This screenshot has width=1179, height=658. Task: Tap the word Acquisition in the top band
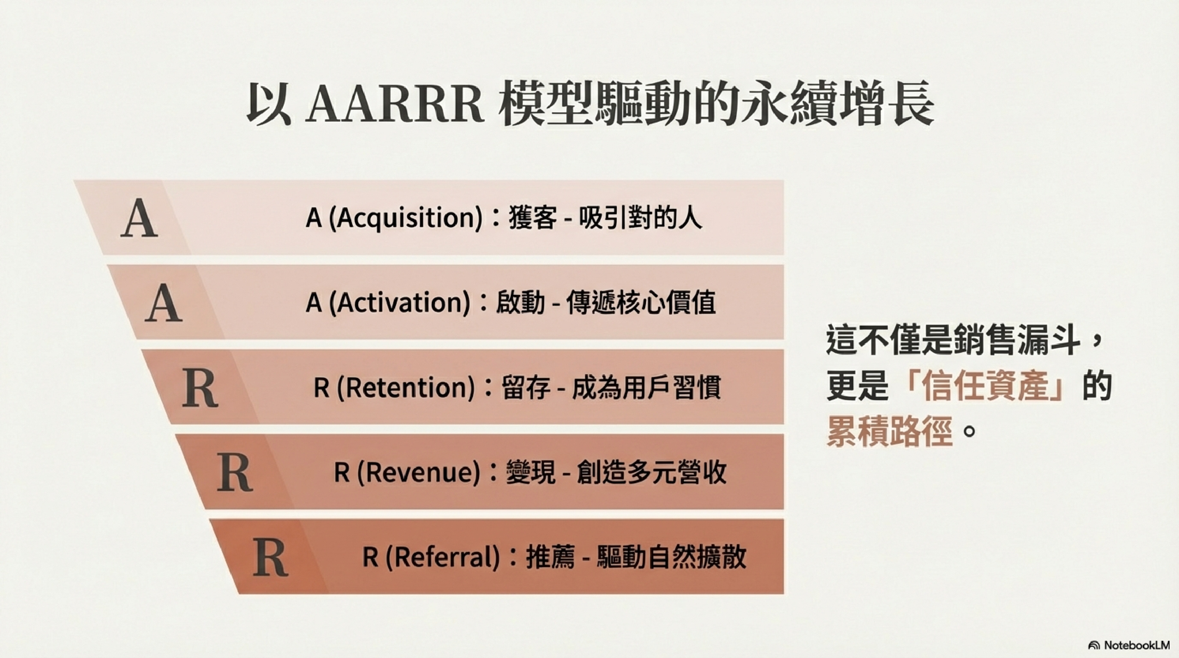pyautogui.click(x=405, y=218)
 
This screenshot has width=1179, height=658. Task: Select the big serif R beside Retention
pyautogui.click(x=200, y=388)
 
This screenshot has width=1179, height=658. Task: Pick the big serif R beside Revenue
pyautogui.click(x=235, y=472)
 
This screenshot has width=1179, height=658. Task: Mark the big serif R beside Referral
pyautogui.click(x=271, y=557)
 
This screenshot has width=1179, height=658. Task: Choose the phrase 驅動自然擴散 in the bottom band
pyautogui.click(x=672, y=557)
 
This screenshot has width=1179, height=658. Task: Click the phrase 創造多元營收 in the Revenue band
pyautogui.click(x=652, y=472)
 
